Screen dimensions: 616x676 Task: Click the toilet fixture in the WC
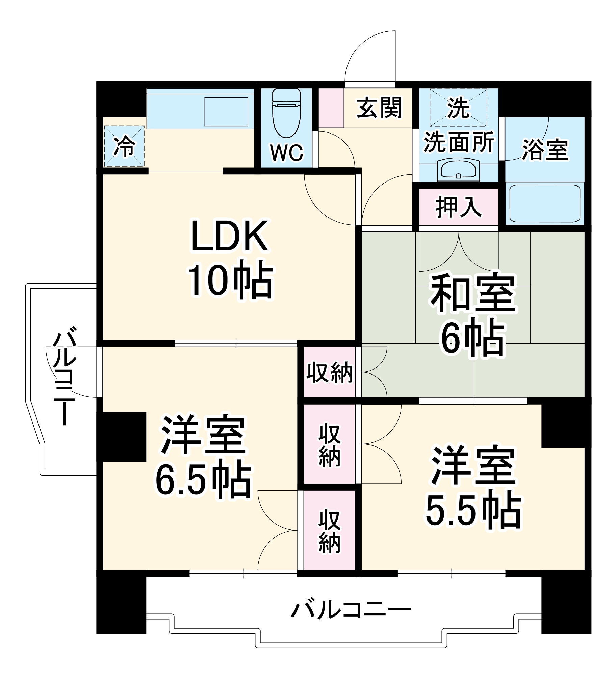(286, 113)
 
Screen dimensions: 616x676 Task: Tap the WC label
(287, 153)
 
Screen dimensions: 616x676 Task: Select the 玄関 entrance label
(379, 108)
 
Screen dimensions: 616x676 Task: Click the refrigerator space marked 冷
(124, 146)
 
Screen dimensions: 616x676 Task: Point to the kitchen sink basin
(226, 112)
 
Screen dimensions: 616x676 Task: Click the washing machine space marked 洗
(458, 107)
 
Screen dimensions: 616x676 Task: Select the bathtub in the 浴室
(544, 203)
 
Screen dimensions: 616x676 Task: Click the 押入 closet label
(458, 207)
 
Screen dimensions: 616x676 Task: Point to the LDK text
(230, 237)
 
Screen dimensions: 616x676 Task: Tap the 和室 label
(473, 293)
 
